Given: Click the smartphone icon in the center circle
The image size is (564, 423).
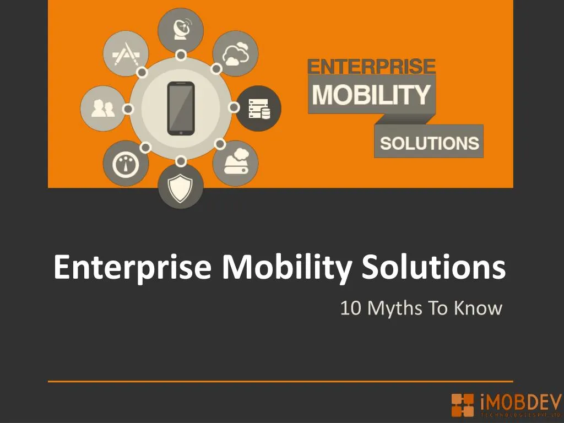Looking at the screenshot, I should (181, 109).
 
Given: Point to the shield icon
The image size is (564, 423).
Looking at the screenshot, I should (181, 187).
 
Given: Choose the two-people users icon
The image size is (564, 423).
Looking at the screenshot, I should (103, 109).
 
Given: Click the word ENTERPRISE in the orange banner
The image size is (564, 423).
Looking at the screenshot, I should (371, 67).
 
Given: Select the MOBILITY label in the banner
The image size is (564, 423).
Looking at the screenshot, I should (371, 95).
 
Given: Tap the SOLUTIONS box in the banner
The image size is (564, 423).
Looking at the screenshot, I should (429, 143).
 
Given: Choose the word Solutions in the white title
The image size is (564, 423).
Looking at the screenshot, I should (434, 268).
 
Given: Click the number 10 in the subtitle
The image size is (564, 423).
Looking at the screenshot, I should (351, 308).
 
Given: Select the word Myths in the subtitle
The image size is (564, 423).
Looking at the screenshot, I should (393, 308).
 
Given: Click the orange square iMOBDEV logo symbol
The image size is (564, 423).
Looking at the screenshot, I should (462, 405).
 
